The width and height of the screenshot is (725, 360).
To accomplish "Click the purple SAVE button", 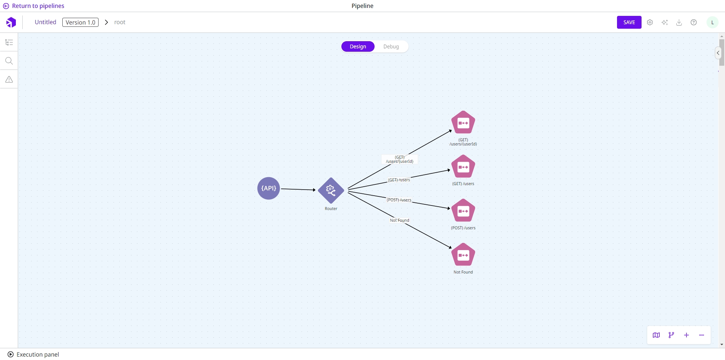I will [629, 22].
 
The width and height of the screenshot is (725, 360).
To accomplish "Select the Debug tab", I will [391, 46].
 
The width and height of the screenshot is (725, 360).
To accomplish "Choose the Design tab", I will [358, 46].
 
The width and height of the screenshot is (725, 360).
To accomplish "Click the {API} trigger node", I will [268, 188].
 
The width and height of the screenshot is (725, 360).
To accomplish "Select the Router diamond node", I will [331, 190].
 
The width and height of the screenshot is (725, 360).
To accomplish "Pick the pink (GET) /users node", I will [463, 167].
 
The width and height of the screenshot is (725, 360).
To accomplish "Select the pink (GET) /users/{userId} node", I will [463, 122].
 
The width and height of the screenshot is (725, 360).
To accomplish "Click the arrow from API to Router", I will [298, 189].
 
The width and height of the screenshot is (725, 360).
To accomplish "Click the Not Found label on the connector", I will [400, 220].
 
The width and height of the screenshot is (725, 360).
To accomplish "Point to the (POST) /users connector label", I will [399, 200].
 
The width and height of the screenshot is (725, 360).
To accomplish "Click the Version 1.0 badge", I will [80, 22].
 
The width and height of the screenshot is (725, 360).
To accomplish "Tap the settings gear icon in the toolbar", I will [650, 22].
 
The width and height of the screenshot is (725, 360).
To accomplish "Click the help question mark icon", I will [694, 22].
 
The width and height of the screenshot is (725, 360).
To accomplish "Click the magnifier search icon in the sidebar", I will [9, 61].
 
